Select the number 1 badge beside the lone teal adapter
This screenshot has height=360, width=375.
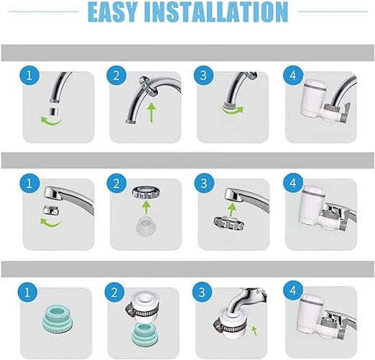(x=28, y=292)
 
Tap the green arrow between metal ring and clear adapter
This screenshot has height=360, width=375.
(x=147, y=206)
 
